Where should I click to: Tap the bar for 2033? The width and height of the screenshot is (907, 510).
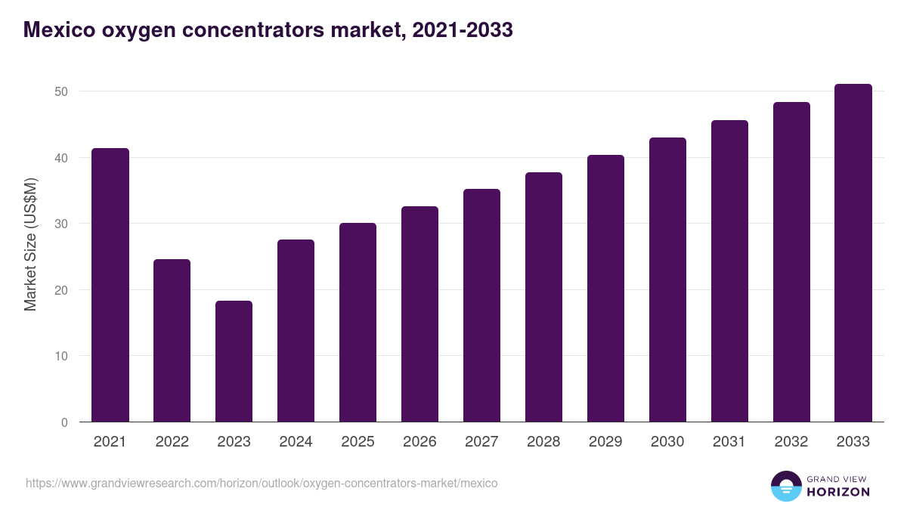[853, 253]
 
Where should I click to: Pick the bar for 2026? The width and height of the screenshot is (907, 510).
[419, 314]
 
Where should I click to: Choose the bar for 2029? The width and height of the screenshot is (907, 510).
[605, 288]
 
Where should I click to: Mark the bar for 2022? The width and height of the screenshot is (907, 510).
[172, 340]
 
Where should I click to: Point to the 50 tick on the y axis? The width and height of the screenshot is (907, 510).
[60, 91]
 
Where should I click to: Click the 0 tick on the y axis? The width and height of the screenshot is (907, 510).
[64, 422]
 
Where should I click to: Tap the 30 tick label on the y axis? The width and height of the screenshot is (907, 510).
[60, 224]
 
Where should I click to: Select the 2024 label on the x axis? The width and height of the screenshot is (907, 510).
[296, 442]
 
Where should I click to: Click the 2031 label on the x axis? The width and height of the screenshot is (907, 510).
[729, 442]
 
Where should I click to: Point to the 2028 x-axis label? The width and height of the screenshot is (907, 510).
[543, 442]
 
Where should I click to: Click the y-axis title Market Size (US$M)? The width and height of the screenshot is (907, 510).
[30, 244]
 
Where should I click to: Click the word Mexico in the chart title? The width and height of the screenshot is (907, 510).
[57, 29]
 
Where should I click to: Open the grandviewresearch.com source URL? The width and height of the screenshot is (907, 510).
[262, 483]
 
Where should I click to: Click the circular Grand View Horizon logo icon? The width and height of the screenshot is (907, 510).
[785, 486]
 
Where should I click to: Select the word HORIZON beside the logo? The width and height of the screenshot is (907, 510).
[838, 492]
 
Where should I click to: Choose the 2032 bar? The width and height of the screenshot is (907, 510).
[791, 261]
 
